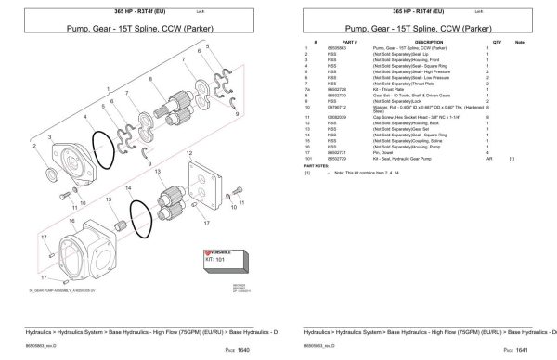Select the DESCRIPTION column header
point(428,42)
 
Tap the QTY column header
point(497,42)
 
